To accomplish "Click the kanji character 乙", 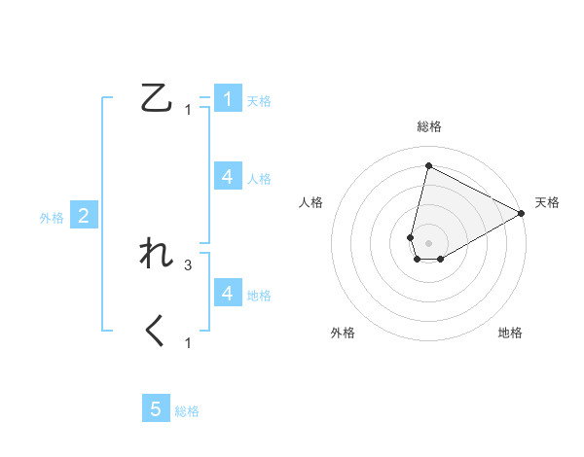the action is click(158, 98).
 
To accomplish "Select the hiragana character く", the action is click(157, 333).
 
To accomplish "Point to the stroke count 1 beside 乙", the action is click(188, 110).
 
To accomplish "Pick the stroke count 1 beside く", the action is click(188, 343).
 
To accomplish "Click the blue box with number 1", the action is click(228, 99).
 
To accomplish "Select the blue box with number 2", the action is click(84, 216).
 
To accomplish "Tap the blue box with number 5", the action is click(157, 409).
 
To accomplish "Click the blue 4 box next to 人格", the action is click(228, 177).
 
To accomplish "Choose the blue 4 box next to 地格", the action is click(228, 294).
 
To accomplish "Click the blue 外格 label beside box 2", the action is click(52, 218).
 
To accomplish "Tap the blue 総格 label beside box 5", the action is click(187, 411).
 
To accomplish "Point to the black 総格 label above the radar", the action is click(428, 126).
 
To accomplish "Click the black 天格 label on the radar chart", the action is click(547, 202).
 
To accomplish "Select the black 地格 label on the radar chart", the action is click(510, 333).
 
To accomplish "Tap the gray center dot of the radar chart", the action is click(428, 243).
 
